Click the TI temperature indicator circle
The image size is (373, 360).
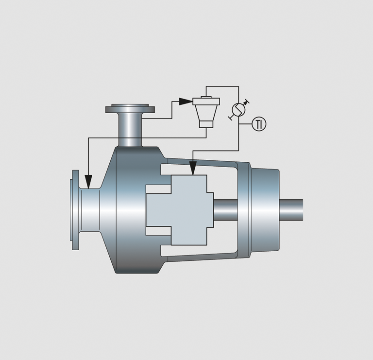(x=259, y=124)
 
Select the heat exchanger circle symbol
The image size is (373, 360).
(x=238, y=109)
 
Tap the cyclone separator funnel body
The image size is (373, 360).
(x=206, y=113)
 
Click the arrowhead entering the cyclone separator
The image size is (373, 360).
(x=186, y=102)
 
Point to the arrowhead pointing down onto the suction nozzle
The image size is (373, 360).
(x=88, y=182)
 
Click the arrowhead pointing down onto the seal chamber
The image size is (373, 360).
(x=193, y=168)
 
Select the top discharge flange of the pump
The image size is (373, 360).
(x=130, y=108)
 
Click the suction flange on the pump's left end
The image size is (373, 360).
(x=74, y=210)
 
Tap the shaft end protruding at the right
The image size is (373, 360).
(x=291, y=210)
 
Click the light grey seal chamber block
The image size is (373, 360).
(x=180, y=210)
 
